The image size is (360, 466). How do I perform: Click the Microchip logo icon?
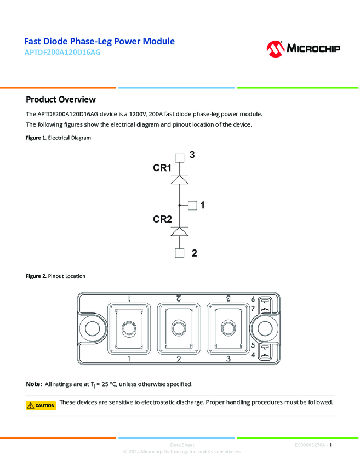point(275,49)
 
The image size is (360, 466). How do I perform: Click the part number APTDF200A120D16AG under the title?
point(62,53)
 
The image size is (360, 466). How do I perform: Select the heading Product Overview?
point(61,99)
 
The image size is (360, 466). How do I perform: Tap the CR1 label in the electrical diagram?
point(162,168)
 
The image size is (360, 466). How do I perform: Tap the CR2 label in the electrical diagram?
point(162,219)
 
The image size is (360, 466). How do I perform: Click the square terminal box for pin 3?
point(180,158)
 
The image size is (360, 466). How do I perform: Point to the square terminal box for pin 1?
point(192,205)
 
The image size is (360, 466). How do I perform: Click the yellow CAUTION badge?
point(41,406)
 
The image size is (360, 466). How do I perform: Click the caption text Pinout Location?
point(66,276)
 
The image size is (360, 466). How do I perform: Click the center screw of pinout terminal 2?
point(178,328)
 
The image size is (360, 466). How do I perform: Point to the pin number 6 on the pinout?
point(253,299)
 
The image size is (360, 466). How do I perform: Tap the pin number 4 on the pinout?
point(253,356)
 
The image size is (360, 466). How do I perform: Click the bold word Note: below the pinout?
point(34,384)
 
